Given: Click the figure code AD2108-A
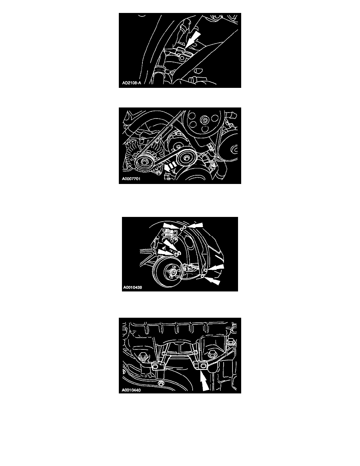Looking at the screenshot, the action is [132, 83].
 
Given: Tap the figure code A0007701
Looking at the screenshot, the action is [131, 179].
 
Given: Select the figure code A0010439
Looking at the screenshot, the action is [133, 288].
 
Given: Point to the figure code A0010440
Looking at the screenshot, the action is [131, 390].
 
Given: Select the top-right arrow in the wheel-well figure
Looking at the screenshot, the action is [195, 226].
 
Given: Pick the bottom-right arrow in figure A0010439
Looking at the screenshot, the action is [213, 280].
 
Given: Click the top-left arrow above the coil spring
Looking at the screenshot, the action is [171, 226].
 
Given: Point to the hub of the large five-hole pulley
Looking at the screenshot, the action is [205, 120].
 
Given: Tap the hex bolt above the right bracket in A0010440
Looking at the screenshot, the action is [211, 354].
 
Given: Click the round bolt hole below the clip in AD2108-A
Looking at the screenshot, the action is [182, 58].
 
